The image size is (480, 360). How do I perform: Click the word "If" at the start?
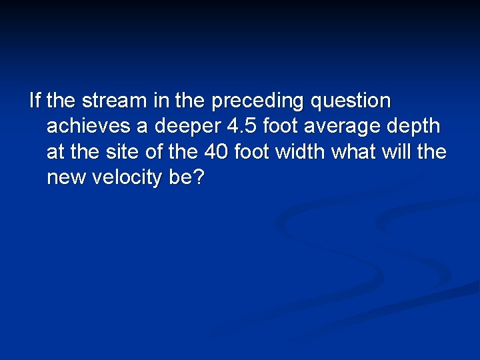[x=35, y=101]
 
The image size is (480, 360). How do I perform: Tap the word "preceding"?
[x=257, y=101]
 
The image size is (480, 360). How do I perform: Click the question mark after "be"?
[x=197, y=177]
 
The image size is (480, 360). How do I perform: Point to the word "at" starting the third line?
[x=55, y=152]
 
